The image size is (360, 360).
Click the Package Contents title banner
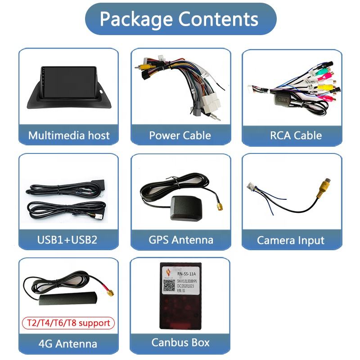tap(180, 19)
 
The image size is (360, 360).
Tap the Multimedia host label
tap(68, 135)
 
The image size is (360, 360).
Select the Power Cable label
tap(180, 135)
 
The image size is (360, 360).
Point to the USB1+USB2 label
tap(67, 239)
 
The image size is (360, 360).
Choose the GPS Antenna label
tap(180, 239)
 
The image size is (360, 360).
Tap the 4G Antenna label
tap(67, 344)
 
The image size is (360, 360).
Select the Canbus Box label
tap(180, 342)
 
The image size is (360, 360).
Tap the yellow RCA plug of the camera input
tap(325, 185)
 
